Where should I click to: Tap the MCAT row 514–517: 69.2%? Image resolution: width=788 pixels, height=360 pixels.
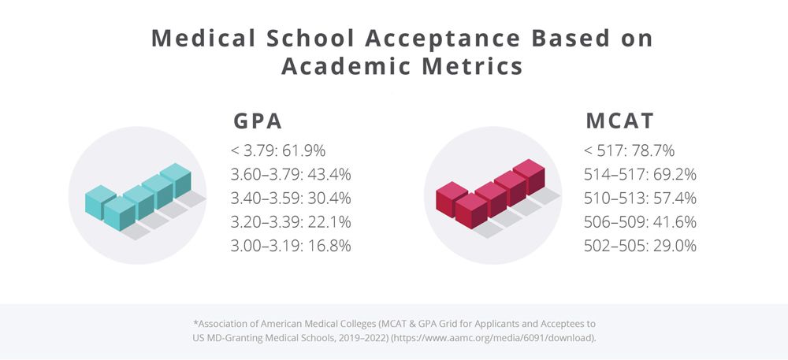pos(640,174)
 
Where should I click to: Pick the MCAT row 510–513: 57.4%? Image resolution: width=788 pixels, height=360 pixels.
pos(640,198)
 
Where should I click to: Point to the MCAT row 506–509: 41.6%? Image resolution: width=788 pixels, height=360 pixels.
pos(640,221)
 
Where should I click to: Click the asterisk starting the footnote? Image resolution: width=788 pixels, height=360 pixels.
pos(195,321)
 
